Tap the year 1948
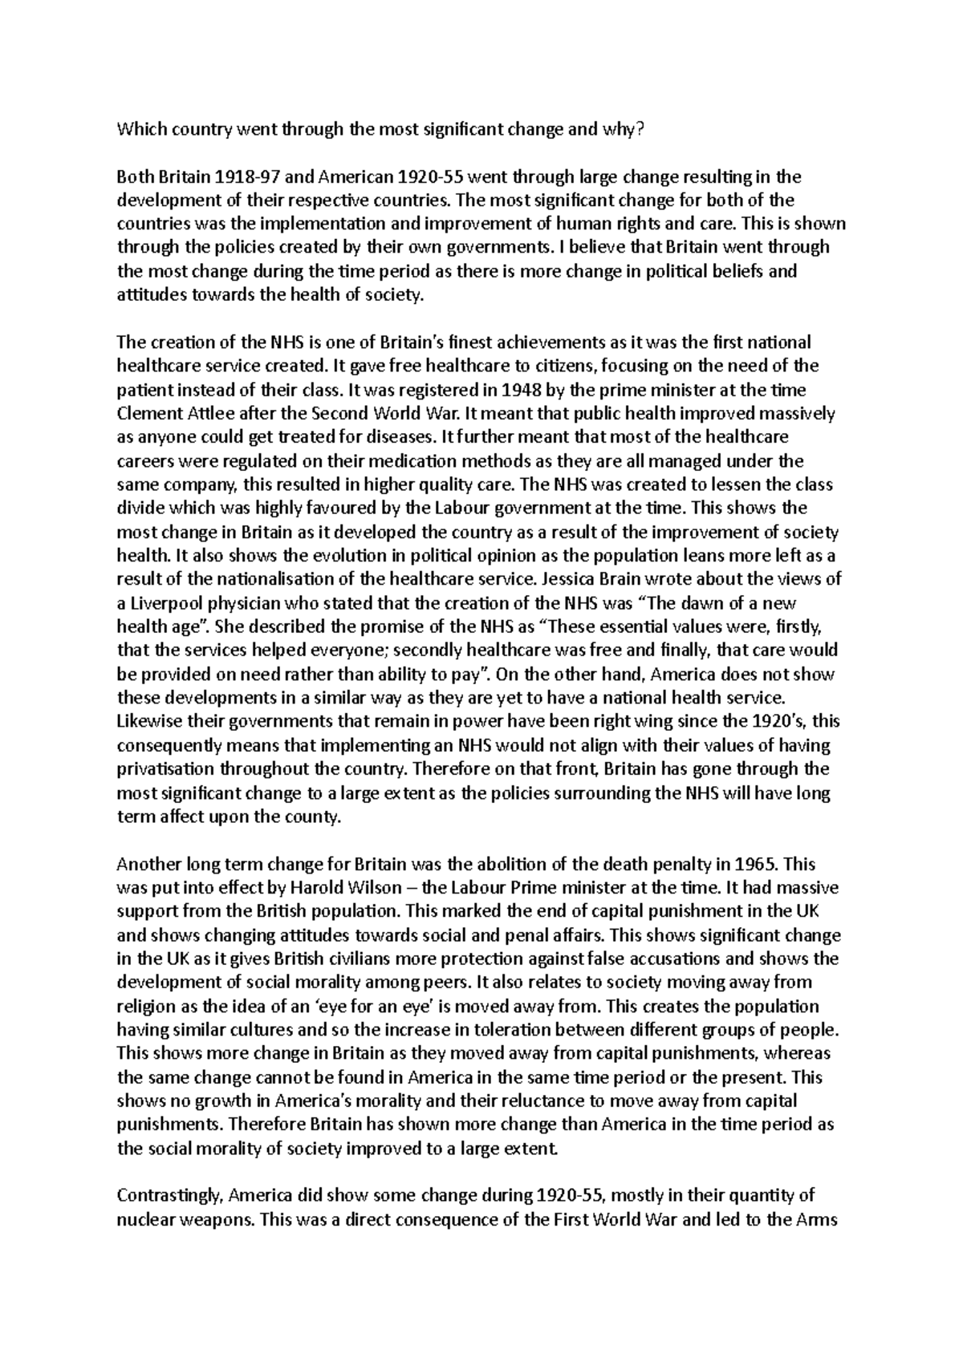click(476, 391)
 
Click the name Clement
click(145, 414)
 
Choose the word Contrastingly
click(169, 1196)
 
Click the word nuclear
click(144, 1220)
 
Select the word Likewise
click(144, 722)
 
